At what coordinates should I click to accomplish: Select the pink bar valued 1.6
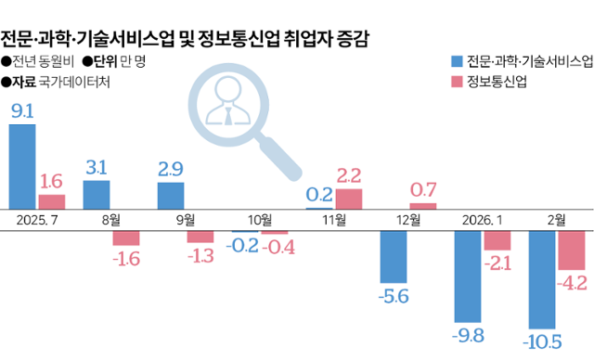click(x=52, y=201)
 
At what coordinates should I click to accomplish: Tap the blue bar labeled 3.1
click(x=97, y=195)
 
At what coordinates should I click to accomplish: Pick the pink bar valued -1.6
click(x=126, y=238)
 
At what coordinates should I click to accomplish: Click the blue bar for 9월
click(x=171, y=196)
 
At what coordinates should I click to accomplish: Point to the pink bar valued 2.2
click(x=348, y=199)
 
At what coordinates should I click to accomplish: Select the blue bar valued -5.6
click(x=394, y=255)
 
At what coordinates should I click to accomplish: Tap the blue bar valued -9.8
click(x=468, y=276)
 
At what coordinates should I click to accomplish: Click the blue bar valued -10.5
click(x=542, y=279)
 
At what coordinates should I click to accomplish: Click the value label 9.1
click(x=22, y=110)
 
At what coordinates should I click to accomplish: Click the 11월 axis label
click(x=334, y=220)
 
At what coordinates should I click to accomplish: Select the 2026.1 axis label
click(x=482, y=220)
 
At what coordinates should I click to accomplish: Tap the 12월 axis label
click(x=408, y=220)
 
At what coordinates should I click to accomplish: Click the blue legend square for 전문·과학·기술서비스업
click(x=455, y=61)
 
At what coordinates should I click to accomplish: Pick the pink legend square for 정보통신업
click(x=455, y=82)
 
